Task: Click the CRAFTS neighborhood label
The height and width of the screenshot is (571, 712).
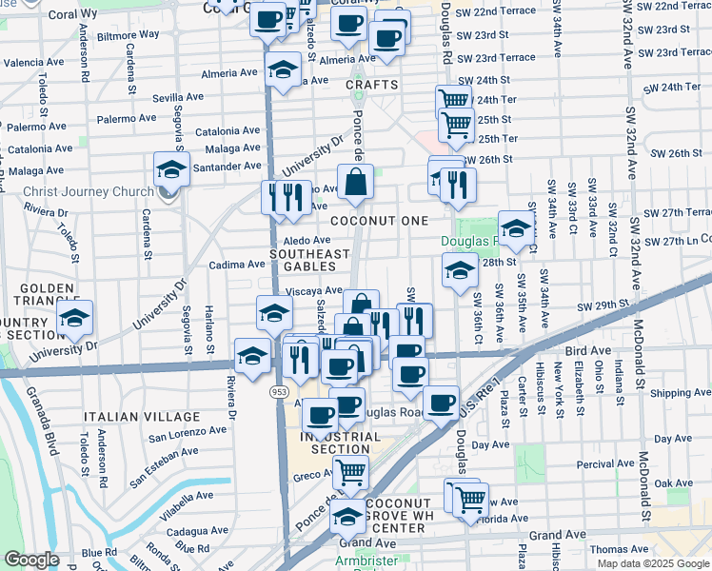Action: [371, 85]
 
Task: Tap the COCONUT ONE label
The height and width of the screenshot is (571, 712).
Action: [380, 220]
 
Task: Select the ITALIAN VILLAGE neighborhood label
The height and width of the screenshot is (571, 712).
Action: [142, 417]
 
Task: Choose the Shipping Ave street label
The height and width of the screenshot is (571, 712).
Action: [678, 392]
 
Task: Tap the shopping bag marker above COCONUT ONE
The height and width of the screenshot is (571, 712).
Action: [355, 181]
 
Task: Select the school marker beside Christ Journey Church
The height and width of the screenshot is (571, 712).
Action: [171, 169]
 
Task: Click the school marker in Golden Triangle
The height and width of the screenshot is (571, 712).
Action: [74, 320]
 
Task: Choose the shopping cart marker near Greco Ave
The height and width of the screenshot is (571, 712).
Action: [350, 469]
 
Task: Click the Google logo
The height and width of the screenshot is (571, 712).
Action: [32, 560]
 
